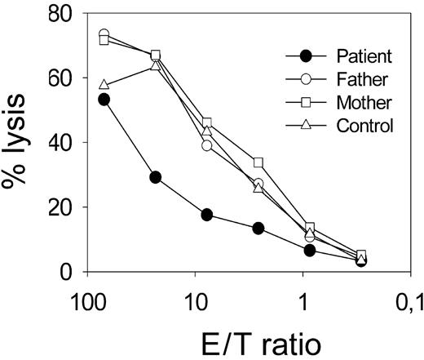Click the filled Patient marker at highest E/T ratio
pos(104,100)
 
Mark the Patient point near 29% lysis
pos(156,177)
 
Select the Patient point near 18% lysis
pos(207,215)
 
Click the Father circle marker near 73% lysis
pos(104,34)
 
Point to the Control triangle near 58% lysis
pos(104,85)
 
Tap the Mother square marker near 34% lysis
pos(258,162)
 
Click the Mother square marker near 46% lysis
pos(207,123)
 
